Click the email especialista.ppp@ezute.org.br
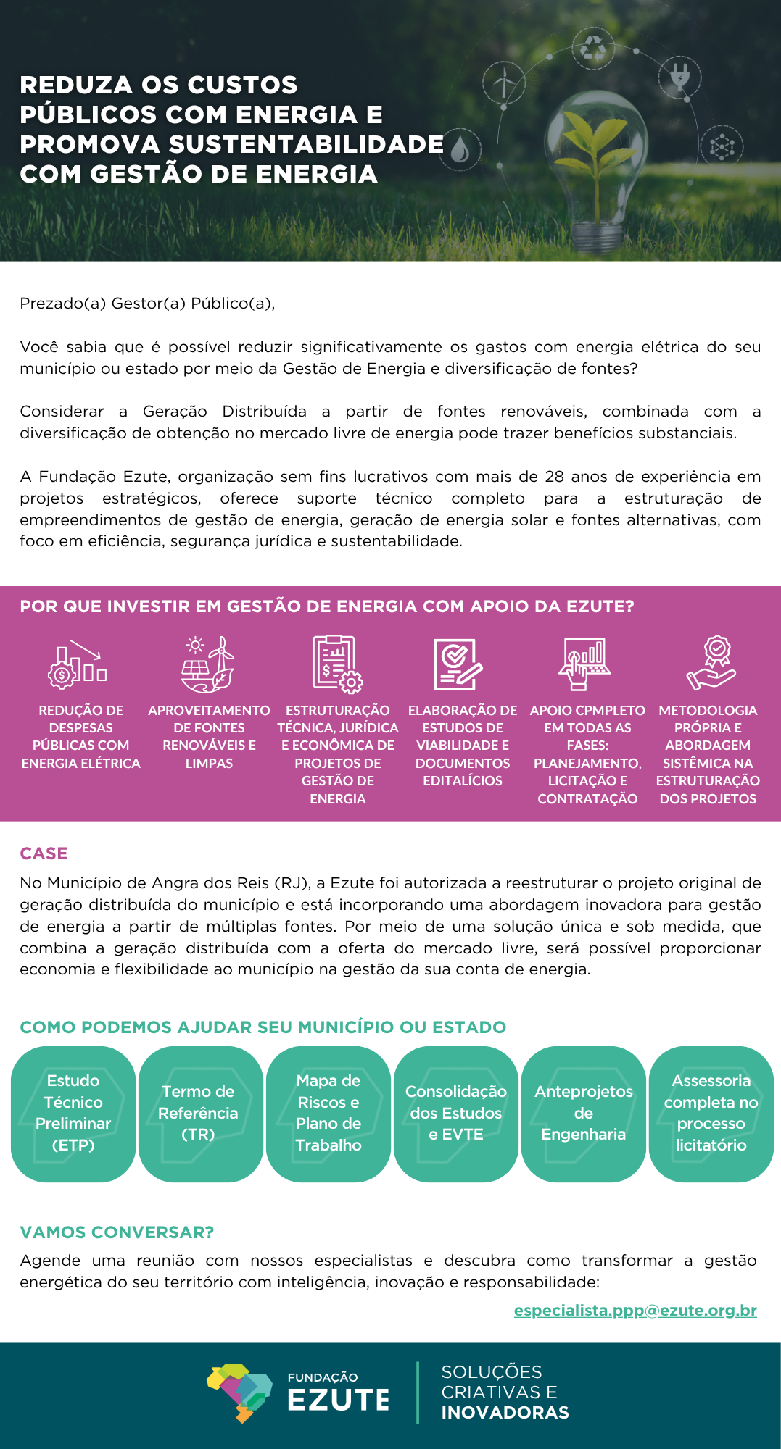tap(635, 1311)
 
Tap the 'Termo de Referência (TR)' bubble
tap(198, 1114)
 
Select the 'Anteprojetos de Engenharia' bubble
tap(584, 1114)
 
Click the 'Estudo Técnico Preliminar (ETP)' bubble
tap(73, 1114)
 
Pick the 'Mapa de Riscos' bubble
tap(328, 1114)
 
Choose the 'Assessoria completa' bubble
tap(711, 1114)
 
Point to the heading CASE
tap(44, 853)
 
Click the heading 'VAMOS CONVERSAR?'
tap(117, 1232)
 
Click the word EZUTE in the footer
tap(339, 1400)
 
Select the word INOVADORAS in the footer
tap(505, 1413)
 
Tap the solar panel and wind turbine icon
tap(208, 664)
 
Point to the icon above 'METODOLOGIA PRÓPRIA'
tap(712, 663)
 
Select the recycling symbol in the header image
tap(594, 48)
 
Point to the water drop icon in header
tap(460, 150)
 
